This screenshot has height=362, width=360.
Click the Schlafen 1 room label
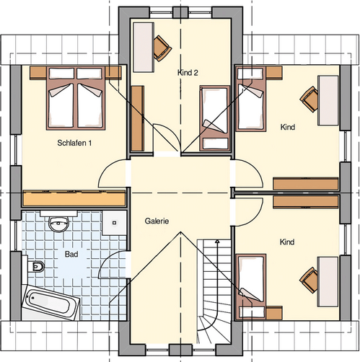pos(74,143)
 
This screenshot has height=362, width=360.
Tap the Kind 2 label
pos(188,73)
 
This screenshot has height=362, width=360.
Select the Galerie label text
pos(157,221)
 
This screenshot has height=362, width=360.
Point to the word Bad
pos(71,254)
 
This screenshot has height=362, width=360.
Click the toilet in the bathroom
pos(36,267)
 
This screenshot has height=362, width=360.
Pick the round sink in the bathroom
pos(58,224)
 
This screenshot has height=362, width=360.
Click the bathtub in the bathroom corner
pos(51,302)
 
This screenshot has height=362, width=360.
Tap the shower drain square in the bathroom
pos(115,223)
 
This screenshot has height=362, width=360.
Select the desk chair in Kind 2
pos(162,48)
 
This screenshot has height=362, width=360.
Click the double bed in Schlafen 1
pos(76,99)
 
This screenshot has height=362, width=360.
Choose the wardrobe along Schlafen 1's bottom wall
pos(74,198)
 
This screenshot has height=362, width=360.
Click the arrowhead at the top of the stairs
pos(217,241)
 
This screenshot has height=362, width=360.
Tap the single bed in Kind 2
pos(215,118)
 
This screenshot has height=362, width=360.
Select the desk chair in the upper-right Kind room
pos(309,100)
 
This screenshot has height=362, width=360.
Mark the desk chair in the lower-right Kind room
pos(309,280)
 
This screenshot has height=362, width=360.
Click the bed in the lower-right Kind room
pos(251,287)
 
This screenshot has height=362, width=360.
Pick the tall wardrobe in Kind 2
pos(138,118)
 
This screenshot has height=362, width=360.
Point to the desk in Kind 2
pos(144,47)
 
